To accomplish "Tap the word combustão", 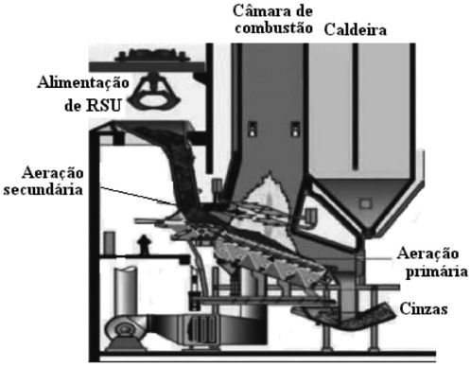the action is point(274,28).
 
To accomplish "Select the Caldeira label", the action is point(356,30).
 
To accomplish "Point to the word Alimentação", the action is point(83,83).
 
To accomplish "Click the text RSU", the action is point(104,105).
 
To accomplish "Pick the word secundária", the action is point(44,190).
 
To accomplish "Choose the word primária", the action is point(436,272).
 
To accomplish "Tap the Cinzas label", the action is point(424,309).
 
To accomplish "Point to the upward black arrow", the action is point(144,244).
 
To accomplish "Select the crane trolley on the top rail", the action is point(152,56).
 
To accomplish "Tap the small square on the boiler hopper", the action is point(365,203).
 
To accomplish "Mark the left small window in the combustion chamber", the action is point(253,129).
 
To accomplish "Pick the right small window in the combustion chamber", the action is point(295,129).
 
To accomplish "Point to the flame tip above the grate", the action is point(270,173).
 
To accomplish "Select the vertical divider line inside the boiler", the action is point(356,107).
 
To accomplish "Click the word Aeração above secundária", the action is point(53,173).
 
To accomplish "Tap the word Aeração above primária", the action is point(427,253).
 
